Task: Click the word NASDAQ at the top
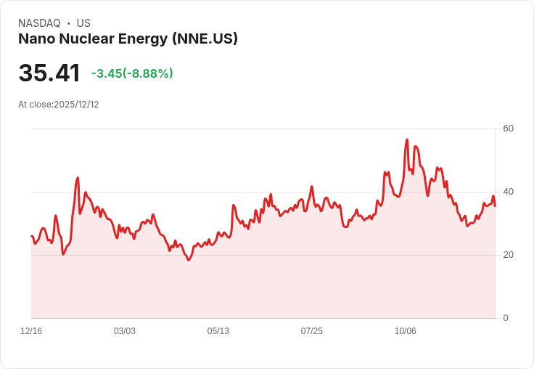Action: [39, 23]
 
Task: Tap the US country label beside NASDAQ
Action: [83, 23]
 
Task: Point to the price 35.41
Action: [49, 73]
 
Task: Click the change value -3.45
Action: [107, 73]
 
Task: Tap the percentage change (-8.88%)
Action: [148, 73]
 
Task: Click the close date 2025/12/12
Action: [76, 105]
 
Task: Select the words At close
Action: [35, 105]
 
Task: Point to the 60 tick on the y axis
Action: [508, 129]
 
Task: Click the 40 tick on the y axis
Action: [508, 192]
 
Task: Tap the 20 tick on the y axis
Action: [508, 255]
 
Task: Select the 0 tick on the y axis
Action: [506, 318]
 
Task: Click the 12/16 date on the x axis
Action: [31, 331]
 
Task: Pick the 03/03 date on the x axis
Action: [125, 331]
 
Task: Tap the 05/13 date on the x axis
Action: [218, 331]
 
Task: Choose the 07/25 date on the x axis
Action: [312, 331]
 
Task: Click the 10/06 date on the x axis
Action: [406, 331]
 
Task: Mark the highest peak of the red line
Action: [407, 139]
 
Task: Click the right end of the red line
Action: [495, 206]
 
